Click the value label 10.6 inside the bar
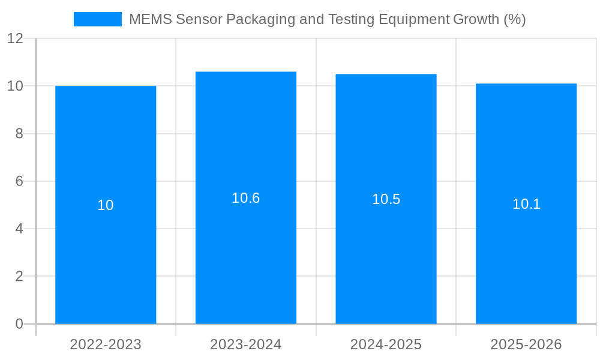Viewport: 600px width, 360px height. [x=245, y=198]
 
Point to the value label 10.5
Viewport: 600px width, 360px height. [x=386, y=199]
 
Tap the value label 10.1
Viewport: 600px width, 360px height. [x=526, y=204]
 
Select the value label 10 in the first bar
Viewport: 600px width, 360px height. [x=106, y=205]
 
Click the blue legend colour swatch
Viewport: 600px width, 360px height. [x=97, y=19]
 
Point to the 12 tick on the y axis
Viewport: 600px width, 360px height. [x=15, y=39]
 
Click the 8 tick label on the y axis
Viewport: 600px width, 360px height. [x=19, y=134]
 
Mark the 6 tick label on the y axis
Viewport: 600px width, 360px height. [x=19, y=181]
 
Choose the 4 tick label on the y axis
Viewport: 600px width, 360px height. [x=19, y=229]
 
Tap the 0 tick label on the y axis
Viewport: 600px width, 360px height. [x=19, y=324]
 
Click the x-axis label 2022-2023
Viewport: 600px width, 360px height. [x=106, y=344]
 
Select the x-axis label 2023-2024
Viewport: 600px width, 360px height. [x=245, y=344]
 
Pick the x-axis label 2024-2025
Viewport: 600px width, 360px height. [x=386, y=344]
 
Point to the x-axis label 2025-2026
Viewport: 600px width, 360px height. [x=526, y=344]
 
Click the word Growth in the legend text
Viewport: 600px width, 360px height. [x=475, y=19]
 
